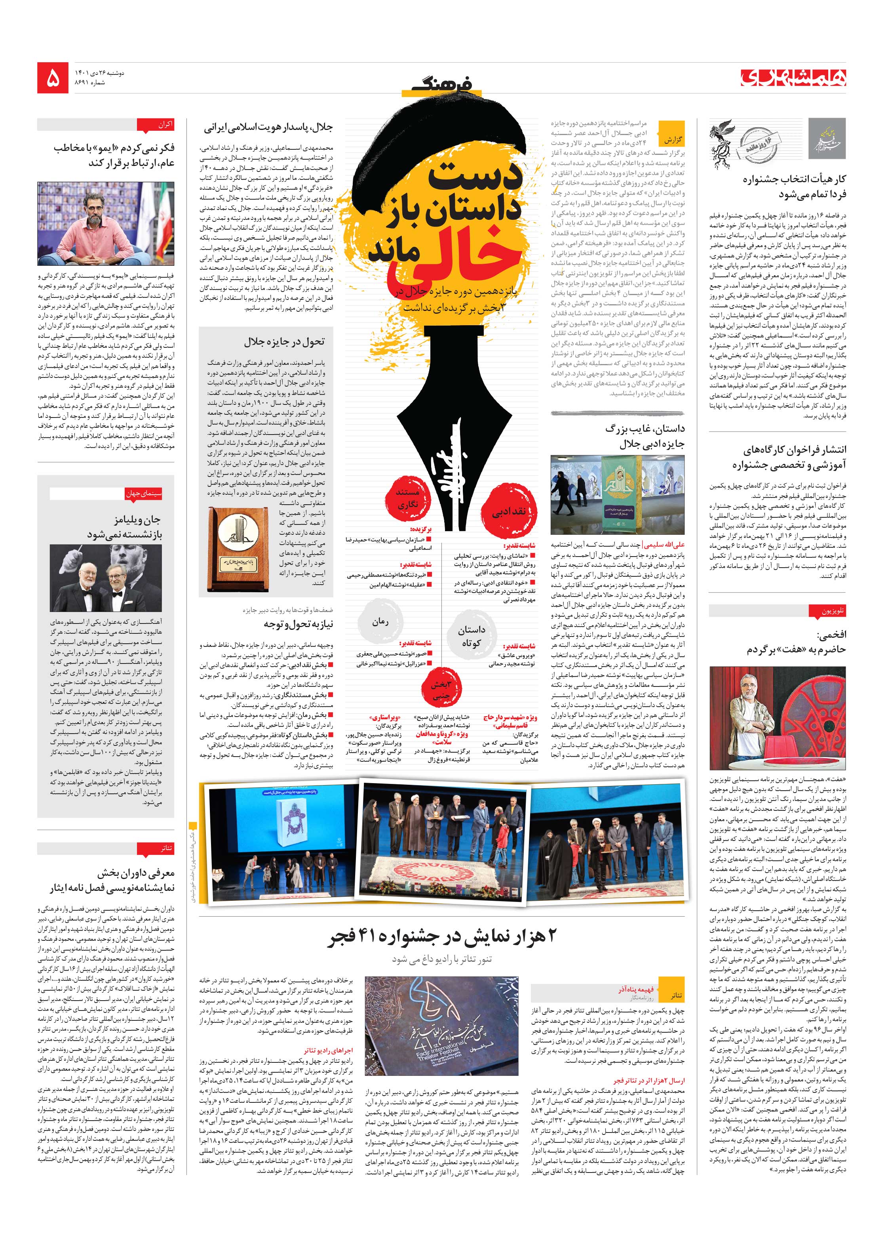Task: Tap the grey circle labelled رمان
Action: pyautogui.click(x=380, y=622)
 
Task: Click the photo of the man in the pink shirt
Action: pyautogui.click(x=106, y=223)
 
